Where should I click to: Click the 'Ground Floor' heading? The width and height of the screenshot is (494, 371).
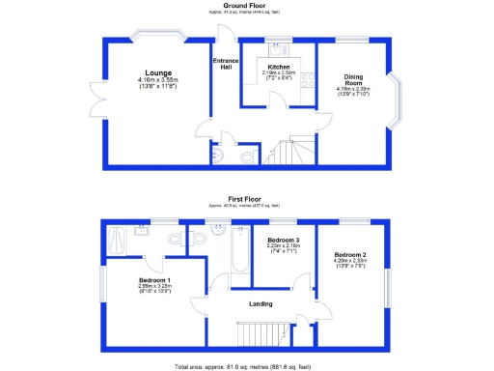246,5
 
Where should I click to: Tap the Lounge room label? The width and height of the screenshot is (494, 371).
158,72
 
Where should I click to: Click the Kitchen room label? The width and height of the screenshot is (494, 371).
279,67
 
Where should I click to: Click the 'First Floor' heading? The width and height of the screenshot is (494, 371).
246,200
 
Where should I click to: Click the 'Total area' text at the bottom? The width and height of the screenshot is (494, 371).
246,367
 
